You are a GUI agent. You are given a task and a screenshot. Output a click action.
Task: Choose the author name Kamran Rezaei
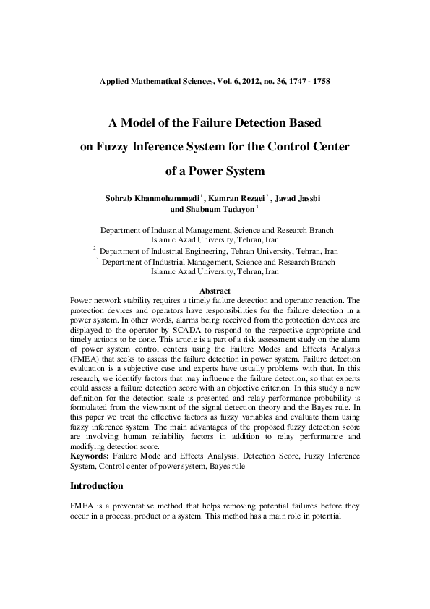pos(234,197)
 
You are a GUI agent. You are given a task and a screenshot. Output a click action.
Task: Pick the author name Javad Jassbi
pos(298,197)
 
